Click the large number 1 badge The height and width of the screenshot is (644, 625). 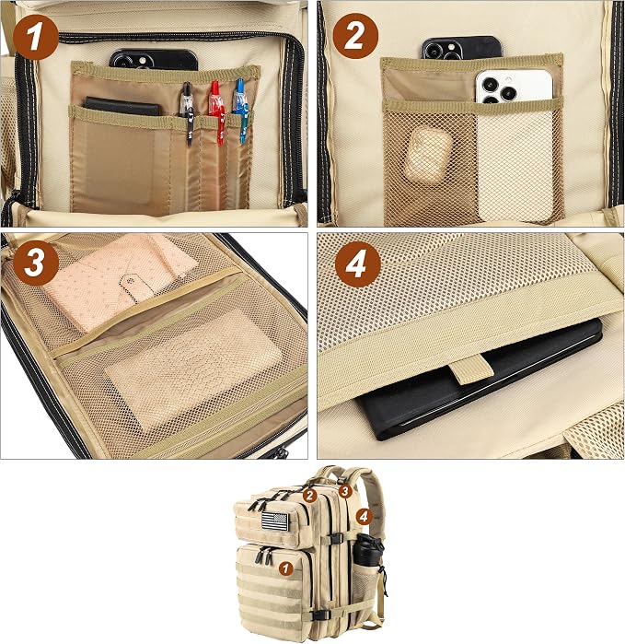pyautogui.click(x=36, y=38)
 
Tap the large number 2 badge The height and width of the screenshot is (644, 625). pyautogui.click(x=355, y=36)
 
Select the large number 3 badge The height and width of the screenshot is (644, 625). pyautogui.click(x=36, y=263)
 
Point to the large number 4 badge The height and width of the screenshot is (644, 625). pyautogui.click(x=358, y=264)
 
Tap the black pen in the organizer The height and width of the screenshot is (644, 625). pyautogui.click(x=187, y=113)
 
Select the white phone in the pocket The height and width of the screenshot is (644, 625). pyautogui.click(x=514, y=86)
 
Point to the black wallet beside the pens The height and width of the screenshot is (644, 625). pyautogui.click(x=122, y=106)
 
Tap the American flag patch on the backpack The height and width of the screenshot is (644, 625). pyautogui.click(x=275, y=521)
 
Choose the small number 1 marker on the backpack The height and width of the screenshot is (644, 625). pyautogui.click(x=285, y=568)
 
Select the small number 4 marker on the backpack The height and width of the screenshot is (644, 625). pyautogui.click(x=364, y=516)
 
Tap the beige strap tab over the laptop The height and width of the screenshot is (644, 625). pyautogui.click(x=470, y=369)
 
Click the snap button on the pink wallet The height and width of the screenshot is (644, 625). pyautogui.click(x=131, y=281)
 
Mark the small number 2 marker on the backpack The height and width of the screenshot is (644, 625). pyautogui.click(x=310, y=496)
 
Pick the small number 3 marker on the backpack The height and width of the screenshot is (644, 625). pyautogui.click(x=344, y=490)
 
